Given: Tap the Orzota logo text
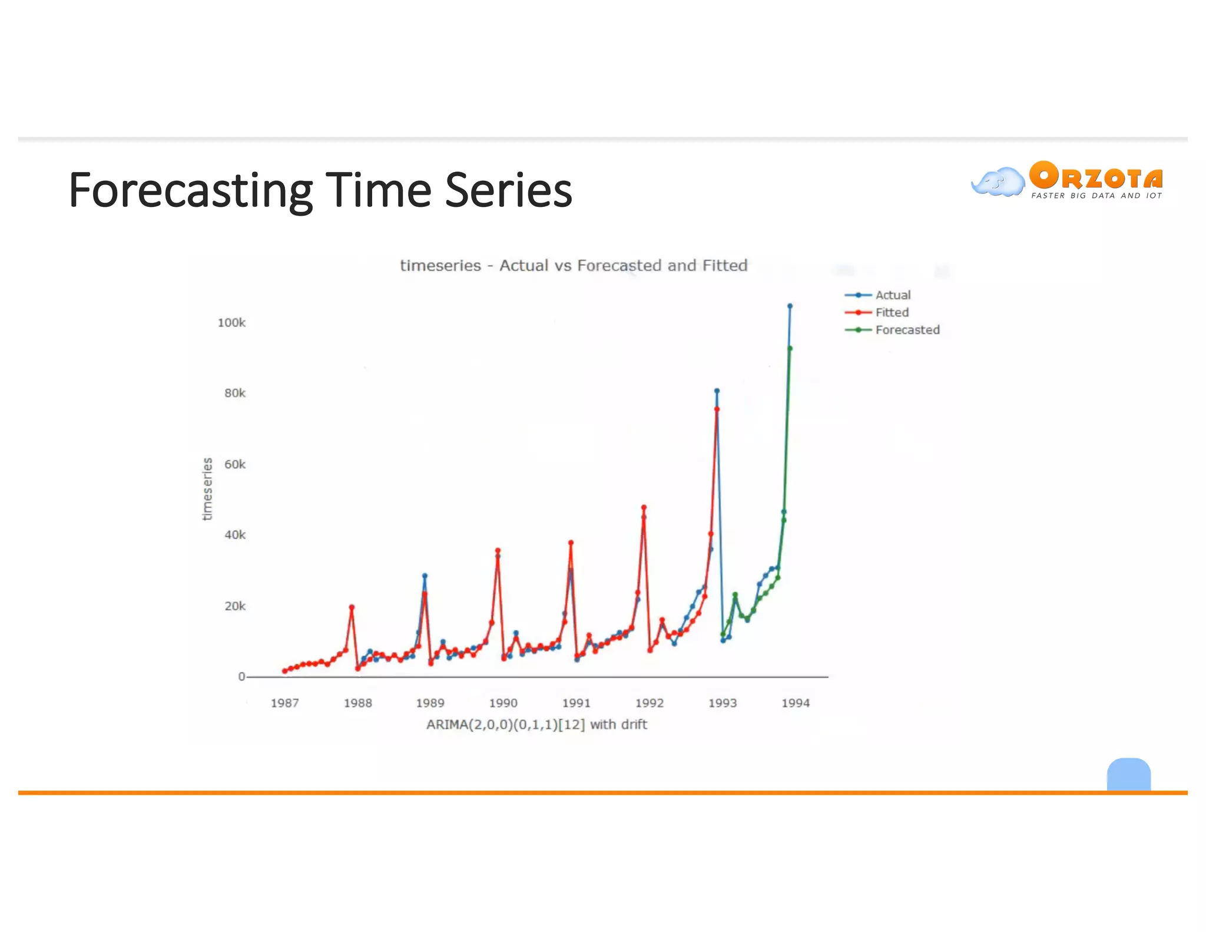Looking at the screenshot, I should [x=1096, y=177].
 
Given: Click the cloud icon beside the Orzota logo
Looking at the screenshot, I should [x=998, y=182].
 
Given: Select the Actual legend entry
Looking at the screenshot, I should [x=892, y=295].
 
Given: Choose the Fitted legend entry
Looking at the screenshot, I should [x=891, y=313].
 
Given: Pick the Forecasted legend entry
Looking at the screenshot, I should [x=907, y=330].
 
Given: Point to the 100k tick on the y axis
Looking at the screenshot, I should [x=231, y=323].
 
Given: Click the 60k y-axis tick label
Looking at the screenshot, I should [x=234, y=464].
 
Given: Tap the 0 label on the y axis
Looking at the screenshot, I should [x=241, y=677].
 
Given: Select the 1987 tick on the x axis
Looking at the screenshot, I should [x=284, y=703].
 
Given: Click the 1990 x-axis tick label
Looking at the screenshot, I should [x=503, y=703].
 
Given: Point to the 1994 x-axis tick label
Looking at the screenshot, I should [x=795, y=703].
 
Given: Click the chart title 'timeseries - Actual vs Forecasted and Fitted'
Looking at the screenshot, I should [x=574, y=266].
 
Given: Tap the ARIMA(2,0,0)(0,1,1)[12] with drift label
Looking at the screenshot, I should [x=536, y=725].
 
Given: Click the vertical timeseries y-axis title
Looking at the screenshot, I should [x=207, y=489].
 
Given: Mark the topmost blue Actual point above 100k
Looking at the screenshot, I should [x=790, y=306].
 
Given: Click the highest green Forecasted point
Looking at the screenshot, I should [x=790, y=349].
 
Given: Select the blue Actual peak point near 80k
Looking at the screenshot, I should [x=717, y=391].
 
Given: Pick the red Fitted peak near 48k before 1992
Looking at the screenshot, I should [x=644, y=507].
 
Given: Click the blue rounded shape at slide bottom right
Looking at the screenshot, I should [x=1128, y=774].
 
